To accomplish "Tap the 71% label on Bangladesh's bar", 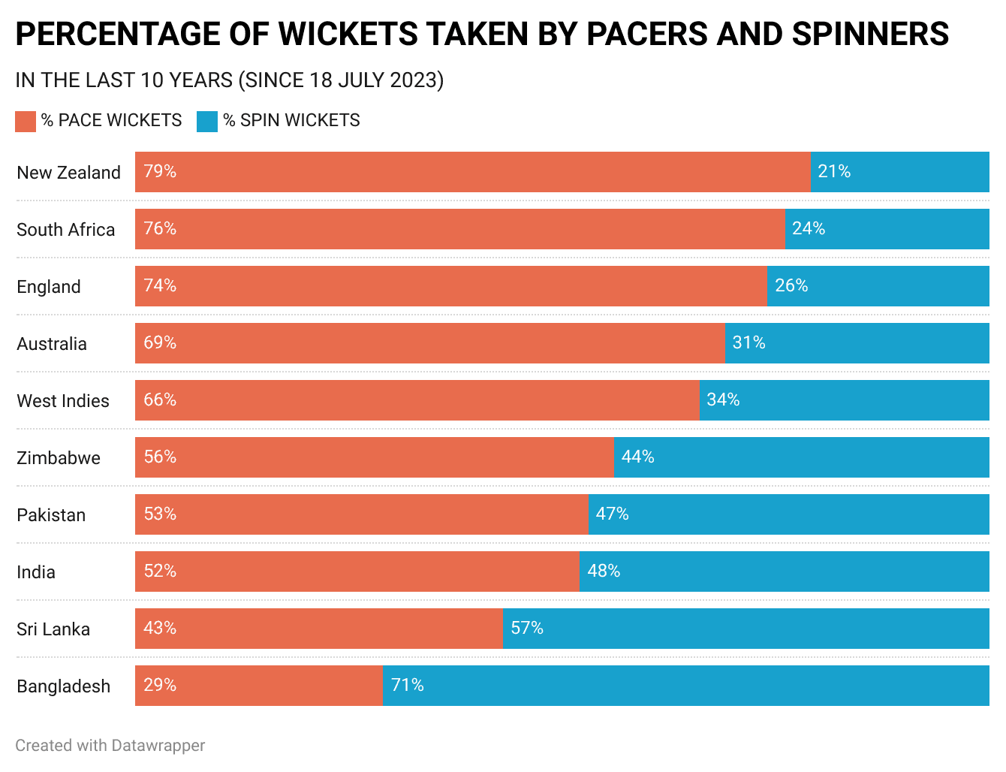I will (408, 685).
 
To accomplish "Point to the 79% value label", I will (160, 171).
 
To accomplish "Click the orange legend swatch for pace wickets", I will (26, 121).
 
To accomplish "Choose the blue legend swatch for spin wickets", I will (207, 121).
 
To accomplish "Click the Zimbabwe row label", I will (59, 458).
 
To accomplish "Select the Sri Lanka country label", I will (53, 629).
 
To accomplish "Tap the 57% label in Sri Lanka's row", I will (527, 628).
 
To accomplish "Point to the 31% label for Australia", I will (748, 342).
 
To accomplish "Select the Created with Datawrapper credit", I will (110, 745).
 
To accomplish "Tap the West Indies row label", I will (63, 401).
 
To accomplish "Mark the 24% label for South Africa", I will (809, 228).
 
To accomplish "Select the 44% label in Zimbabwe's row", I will (638, 457).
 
